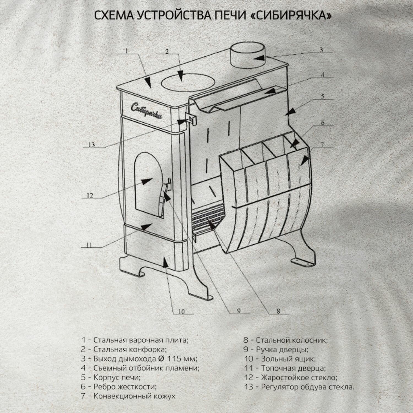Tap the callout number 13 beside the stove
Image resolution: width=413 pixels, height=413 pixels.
(x=92, y=145)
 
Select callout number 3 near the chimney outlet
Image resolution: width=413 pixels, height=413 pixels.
(x=321, y=50)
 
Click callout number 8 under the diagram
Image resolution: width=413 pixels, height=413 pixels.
(x=278, y=311)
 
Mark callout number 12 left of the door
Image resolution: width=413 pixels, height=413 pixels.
(x=90, y=195)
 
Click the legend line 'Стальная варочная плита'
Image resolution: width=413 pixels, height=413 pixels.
(x=135, y=340)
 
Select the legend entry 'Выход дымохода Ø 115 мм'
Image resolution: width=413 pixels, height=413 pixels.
(x=139, y=359)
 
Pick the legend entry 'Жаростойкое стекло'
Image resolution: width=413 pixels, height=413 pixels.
(x=291, y=377)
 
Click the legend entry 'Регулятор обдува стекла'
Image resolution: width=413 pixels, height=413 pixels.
(x=299, y=387)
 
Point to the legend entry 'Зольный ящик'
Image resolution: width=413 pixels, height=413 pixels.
(x=280, y=359)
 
